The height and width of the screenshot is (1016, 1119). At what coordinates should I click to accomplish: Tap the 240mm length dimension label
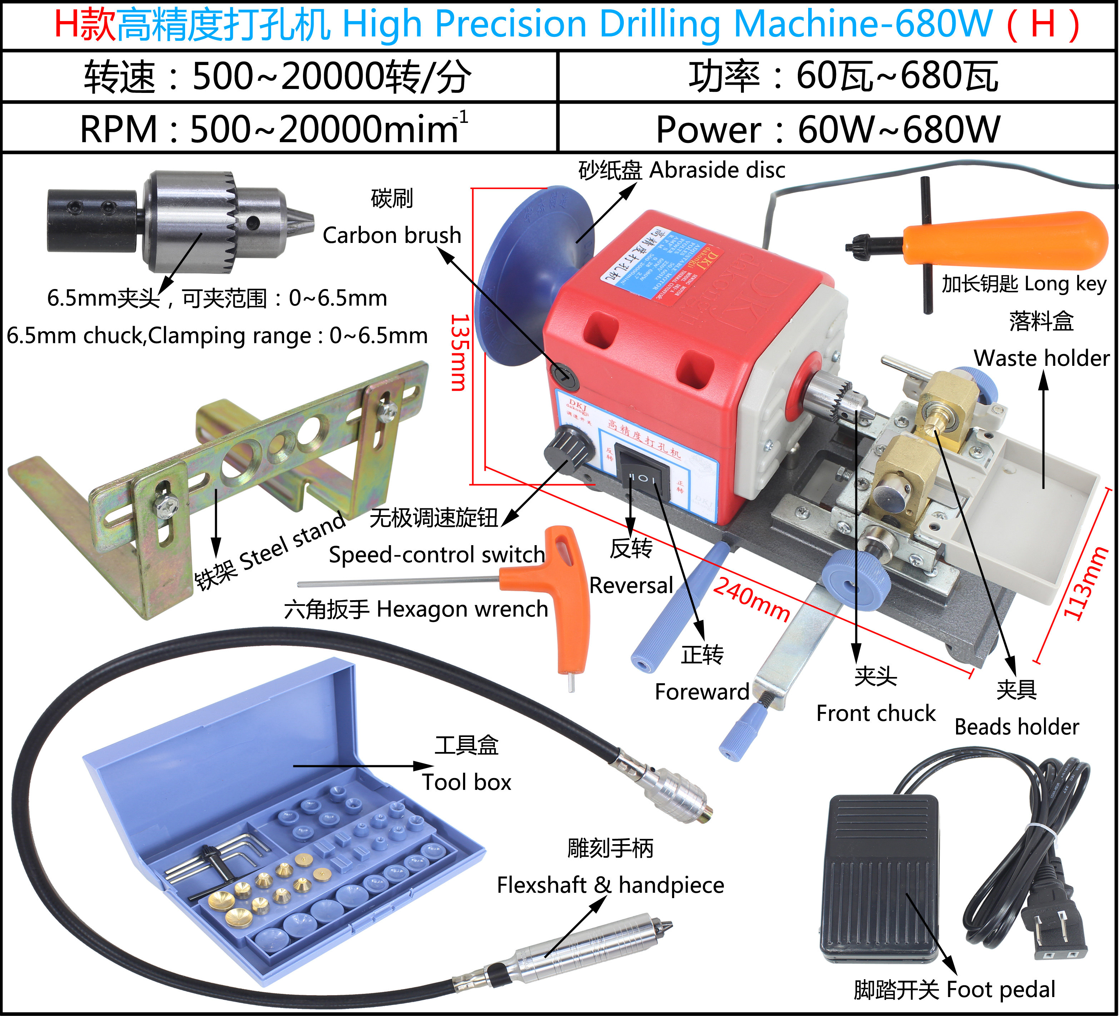pyautogui.click(x=752, y=599)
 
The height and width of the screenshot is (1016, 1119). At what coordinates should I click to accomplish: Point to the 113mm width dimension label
pyautogui.click(x=1085, y=583)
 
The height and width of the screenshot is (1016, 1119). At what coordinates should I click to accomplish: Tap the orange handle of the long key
pyautogui.click(x=1005, y=238)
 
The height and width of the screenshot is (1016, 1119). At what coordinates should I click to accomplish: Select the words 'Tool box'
pyautogui.click(x=466, y=782)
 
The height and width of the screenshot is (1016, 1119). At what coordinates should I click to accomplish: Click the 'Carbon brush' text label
pyautogui.click(x=392, y=235)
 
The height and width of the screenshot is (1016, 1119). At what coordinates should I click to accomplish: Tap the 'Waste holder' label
pyautogui.click(x=1041, y=358)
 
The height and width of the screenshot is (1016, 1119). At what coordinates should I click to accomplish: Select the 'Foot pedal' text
pyautogui.click(x=1000, y=989)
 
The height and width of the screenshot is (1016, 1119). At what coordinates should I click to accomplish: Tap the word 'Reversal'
pyautogui.click(x=631, y=586)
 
